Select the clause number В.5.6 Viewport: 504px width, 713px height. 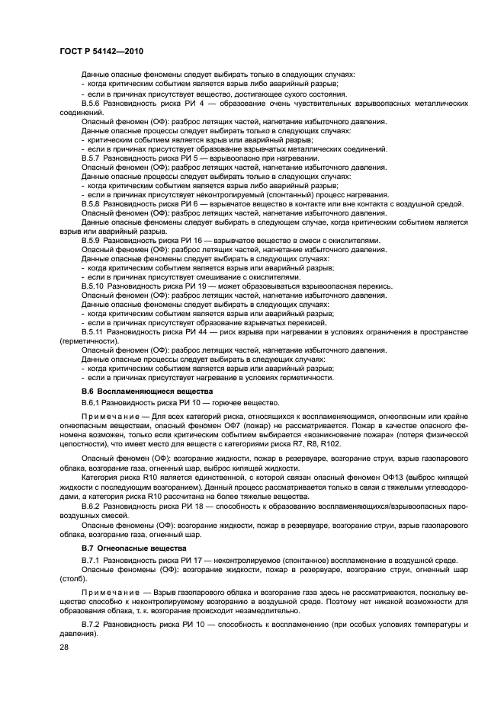click(x=91, y=101)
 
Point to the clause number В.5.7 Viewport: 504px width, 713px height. click(x=91, y=158)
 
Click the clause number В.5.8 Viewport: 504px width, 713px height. click(x=91, y=204)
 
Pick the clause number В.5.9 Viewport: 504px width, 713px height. click(x=91, y=240)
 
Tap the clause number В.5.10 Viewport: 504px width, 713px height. click(x=92, y=286)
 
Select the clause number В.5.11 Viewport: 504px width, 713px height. click(x=92, y=333)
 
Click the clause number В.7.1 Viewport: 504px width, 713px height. click(x=91, y=560)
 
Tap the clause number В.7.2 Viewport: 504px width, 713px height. click(x=91, y=624)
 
